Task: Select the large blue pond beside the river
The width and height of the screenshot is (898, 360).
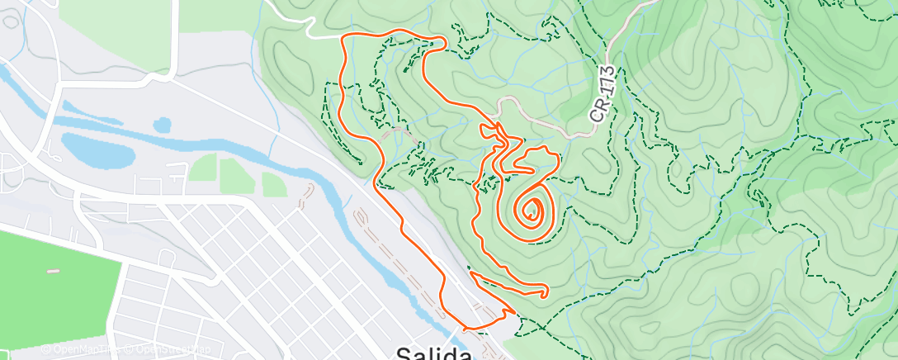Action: [x=97, y=149]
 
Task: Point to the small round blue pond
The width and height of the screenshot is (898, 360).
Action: [x=162, y=125]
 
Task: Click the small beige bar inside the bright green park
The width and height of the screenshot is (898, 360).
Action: [x=54, y=271]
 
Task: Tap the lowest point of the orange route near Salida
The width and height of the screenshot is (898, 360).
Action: [x=470, y=329]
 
